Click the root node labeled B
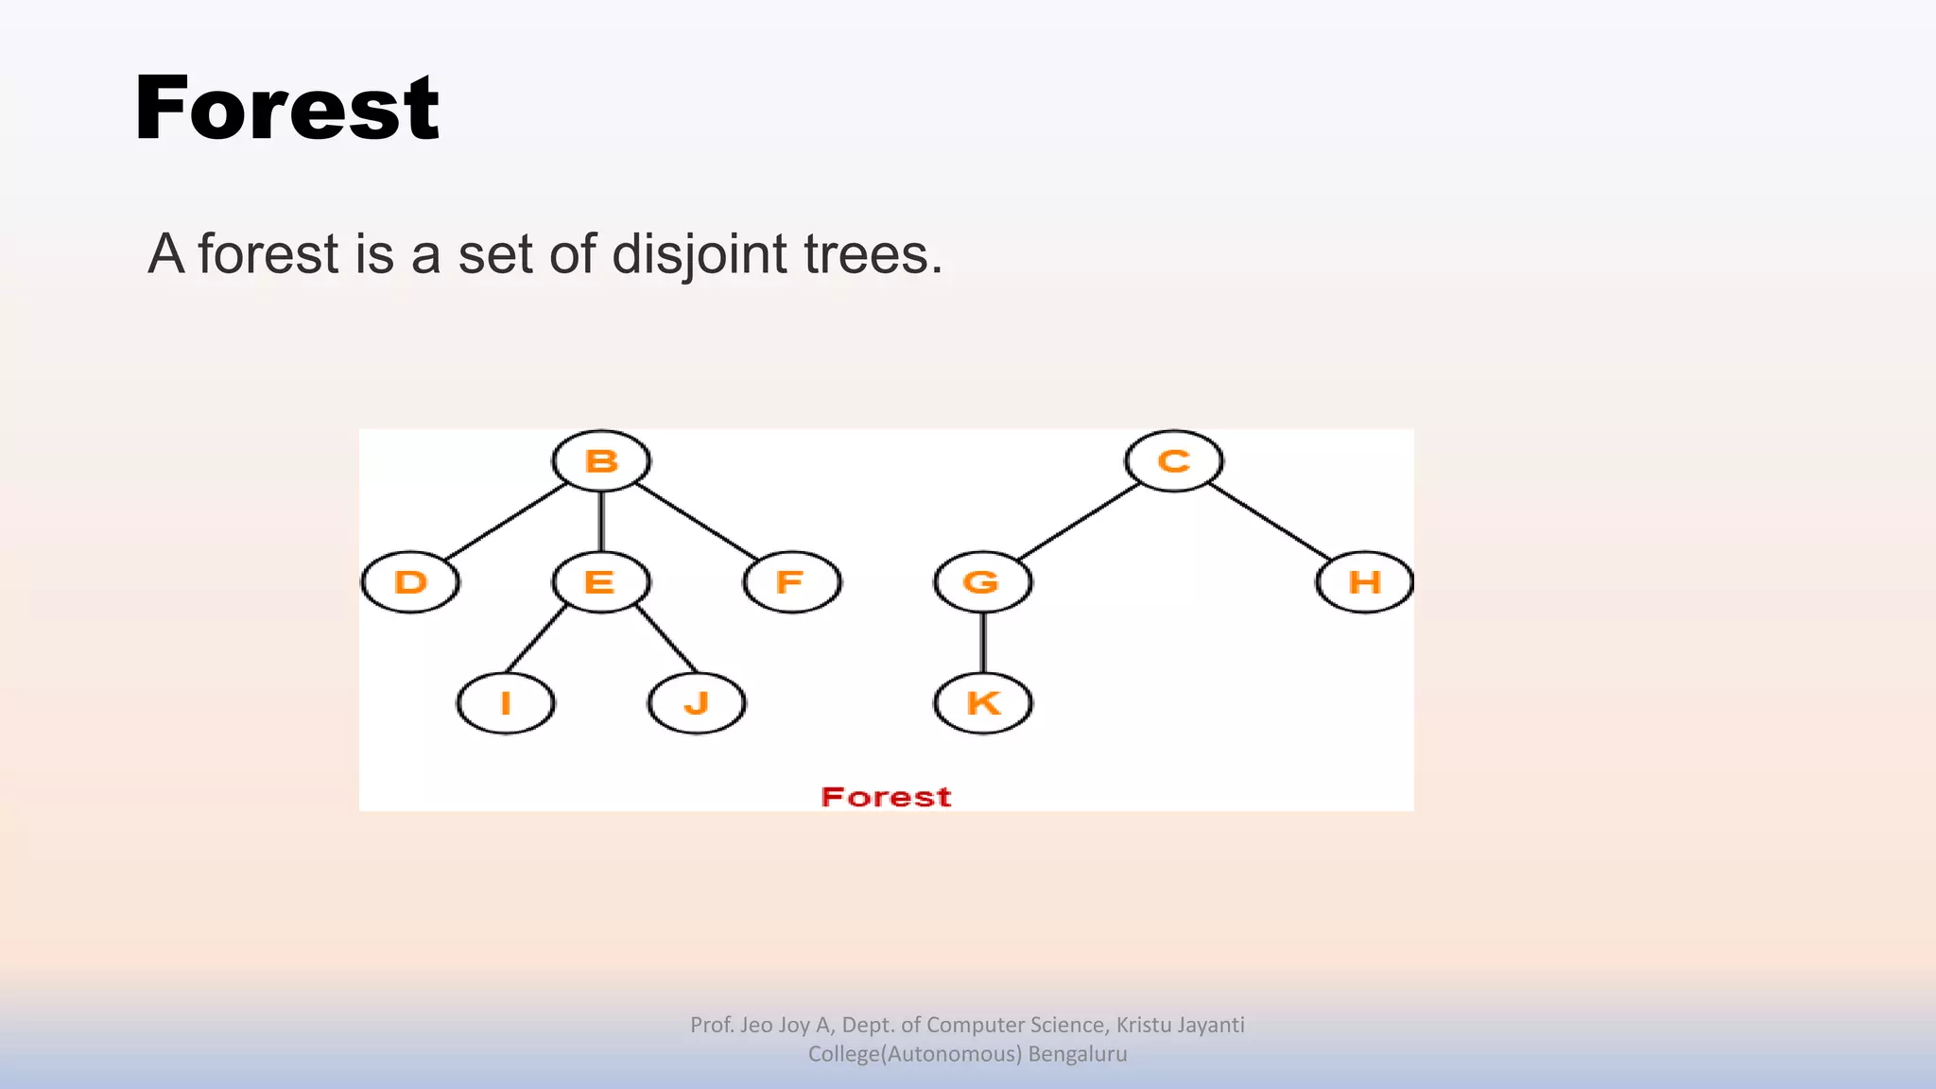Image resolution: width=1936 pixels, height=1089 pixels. click(x=601, y=461)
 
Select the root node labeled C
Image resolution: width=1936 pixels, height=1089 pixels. click(x=1174, y=461)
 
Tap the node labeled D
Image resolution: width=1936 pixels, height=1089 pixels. click(x=410, y=582)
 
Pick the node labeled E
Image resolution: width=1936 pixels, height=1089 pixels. click(x=601, y=582)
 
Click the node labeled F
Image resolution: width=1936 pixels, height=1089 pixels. click(x=792, y=582)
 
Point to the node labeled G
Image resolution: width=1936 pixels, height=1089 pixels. click(x=983, y=582)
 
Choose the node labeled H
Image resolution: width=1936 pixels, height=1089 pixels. click(x=1364, y=582)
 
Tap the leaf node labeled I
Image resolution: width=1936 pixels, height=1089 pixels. click(x=506, y=703)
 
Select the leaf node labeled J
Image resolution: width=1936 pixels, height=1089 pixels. click(x=697, y=703)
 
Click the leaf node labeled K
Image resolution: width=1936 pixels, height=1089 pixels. click(x=983, y=703)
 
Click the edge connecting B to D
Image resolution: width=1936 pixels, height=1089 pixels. click(x=506, y=522)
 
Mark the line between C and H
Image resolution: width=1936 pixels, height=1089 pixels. click(x=1270, y=522)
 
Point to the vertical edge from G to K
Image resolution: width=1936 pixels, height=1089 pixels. click(x=983, y=643)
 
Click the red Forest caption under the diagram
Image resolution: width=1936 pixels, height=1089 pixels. click(x=886, y=797)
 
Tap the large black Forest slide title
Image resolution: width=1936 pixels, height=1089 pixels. click(x=286, y=109)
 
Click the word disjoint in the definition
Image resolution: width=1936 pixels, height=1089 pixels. click(x=700, y=255)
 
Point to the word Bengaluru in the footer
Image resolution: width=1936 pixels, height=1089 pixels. click(x=1078, y=1054)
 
